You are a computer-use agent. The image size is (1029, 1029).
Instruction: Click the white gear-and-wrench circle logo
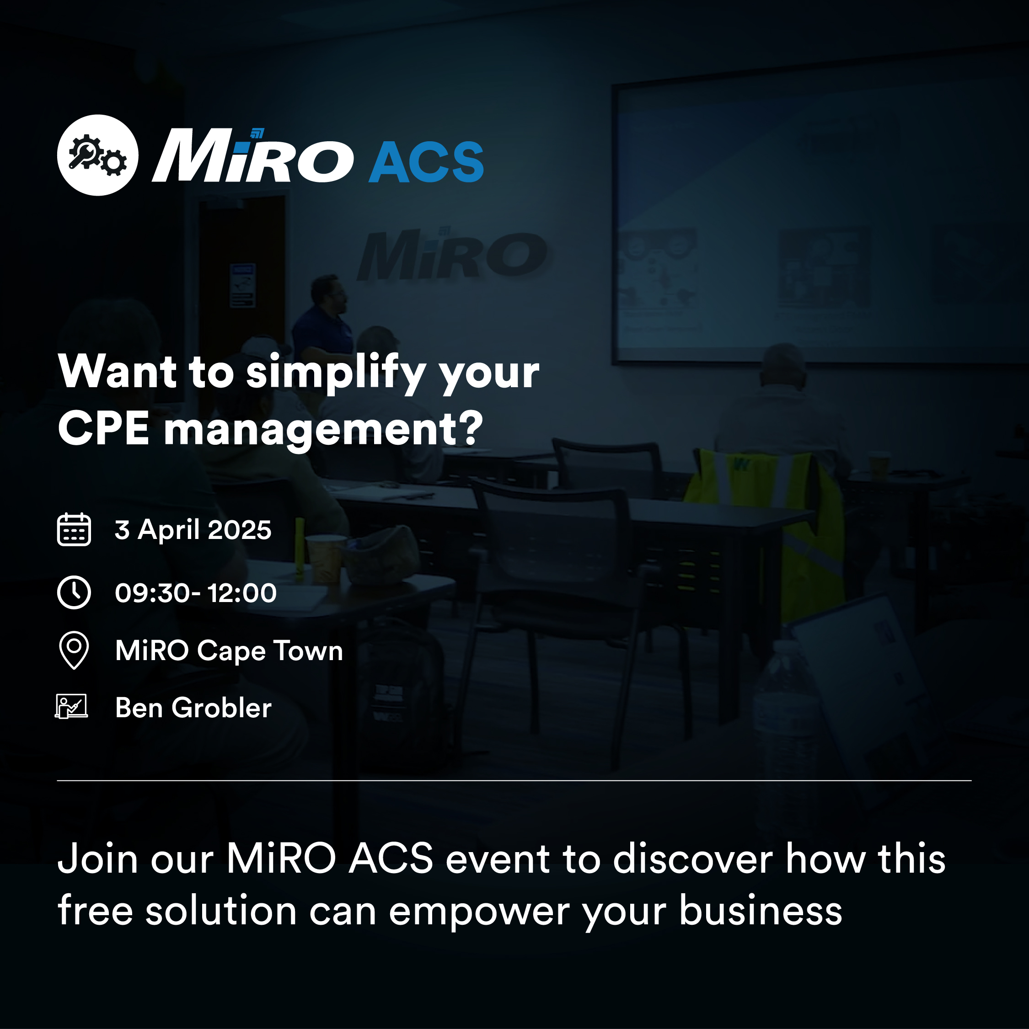tap(97, 155)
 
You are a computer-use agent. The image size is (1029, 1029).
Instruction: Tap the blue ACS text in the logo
tap(426, 162)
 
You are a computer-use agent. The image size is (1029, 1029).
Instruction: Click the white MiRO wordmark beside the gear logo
tap(252, 155)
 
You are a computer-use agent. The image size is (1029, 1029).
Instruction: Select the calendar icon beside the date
tap(74, 529)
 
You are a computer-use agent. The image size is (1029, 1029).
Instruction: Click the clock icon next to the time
tap(74, 592)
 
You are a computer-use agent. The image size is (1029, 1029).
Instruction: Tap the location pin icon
tap(74, 650)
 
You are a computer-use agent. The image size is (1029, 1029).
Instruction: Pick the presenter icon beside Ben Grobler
tap(71, 707)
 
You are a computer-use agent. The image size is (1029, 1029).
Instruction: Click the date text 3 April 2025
tap(193, 530)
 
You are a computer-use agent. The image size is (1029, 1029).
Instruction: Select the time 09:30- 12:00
tap(196, 593)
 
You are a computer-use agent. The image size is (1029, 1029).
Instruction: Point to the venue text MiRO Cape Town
tap(229, 651)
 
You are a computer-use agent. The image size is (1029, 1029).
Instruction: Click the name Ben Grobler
tap(193, 708)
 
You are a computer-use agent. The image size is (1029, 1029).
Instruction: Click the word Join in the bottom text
tap(98, 858)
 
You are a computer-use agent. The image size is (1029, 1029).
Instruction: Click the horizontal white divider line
tap(514, 781)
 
